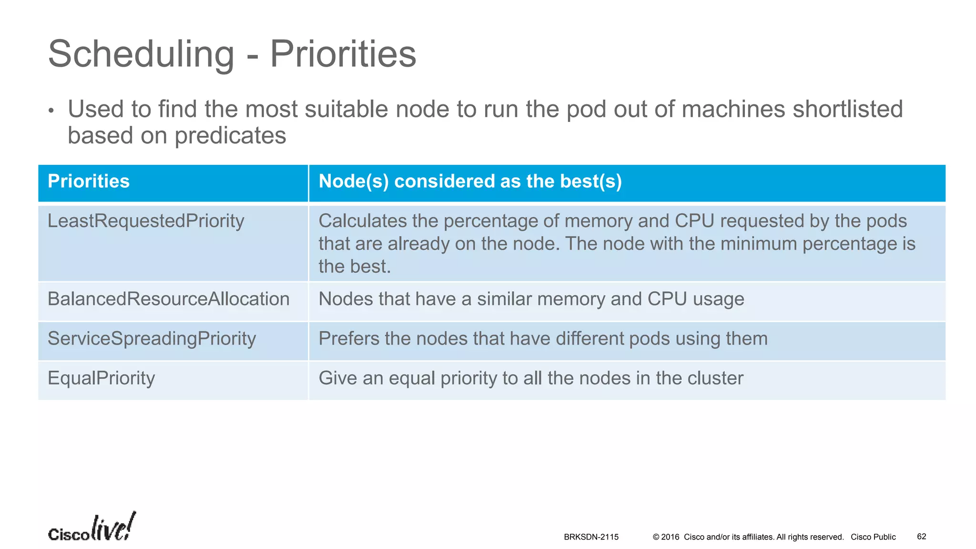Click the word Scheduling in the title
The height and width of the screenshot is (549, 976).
click(141, 54)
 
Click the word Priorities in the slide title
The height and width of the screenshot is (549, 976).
click(343, 54)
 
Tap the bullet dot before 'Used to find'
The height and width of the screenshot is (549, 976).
click(51, 111)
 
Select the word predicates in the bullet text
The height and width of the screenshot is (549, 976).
click(230, 135)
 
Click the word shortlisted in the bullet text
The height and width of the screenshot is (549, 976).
click(848, 109)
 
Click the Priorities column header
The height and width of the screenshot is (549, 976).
click(89, 182)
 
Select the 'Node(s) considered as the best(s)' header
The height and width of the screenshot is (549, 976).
click(470, 182)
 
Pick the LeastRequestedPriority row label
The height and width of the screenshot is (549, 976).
click(146, 221)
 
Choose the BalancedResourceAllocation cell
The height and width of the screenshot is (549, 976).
click(168, 299)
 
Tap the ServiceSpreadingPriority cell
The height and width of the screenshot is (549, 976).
click(152, 339)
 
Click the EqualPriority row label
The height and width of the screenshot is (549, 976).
click(101, 378)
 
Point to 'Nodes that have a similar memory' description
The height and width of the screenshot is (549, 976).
click(531, 299)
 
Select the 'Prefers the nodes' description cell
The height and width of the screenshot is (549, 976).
click(543, 339)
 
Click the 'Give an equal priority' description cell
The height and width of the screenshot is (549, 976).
click(530, 378)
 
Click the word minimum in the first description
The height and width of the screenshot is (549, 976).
click(759, 244)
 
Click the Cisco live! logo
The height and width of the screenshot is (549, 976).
click(91, 528)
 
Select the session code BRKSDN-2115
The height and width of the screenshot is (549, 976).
click(591, 537)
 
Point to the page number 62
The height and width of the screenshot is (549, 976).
click(921, 537)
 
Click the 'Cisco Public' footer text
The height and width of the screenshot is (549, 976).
click(873, 537)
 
